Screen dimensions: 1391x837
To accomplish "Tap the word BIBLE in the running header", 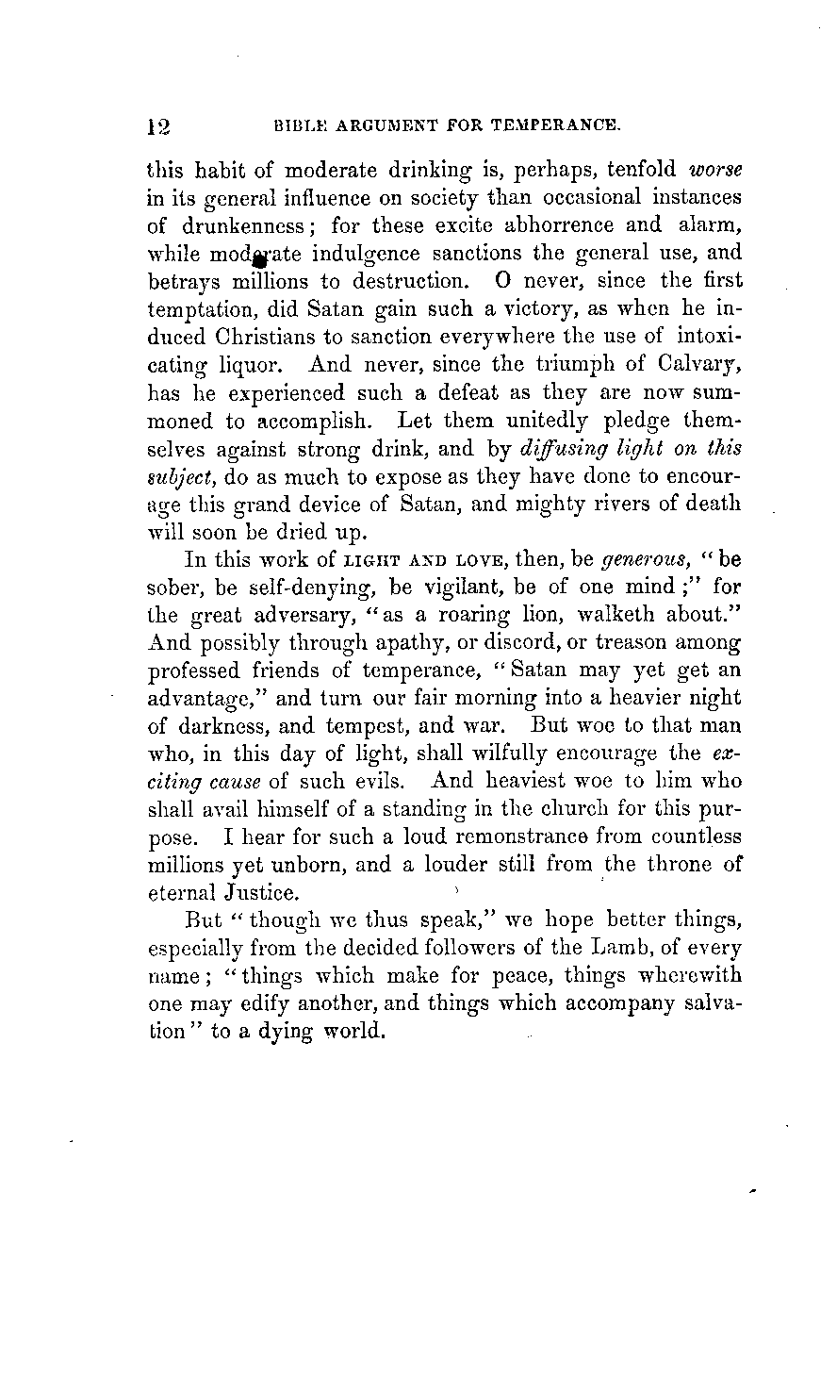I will pos(297,124).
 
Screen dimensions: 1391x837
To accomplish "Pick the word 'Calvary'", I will pos(697,363).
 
